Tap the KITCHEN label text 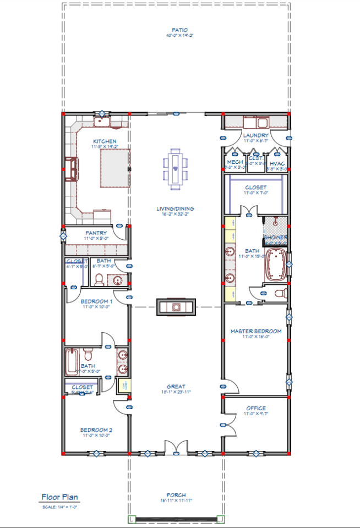point(104,141)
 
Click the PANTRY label point(95,233)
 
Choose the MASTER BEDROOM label point(255,331)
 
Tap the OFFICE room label point(256,408)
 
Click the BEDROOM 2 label point(96,430)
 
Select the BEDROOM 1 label point(96,301)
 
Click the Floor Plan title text point(59,497)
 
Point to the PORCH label point(176,495)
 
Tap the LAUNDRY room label point(256,135)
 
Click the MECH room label point(235,163)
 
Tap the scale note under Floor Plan point(59,507)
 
